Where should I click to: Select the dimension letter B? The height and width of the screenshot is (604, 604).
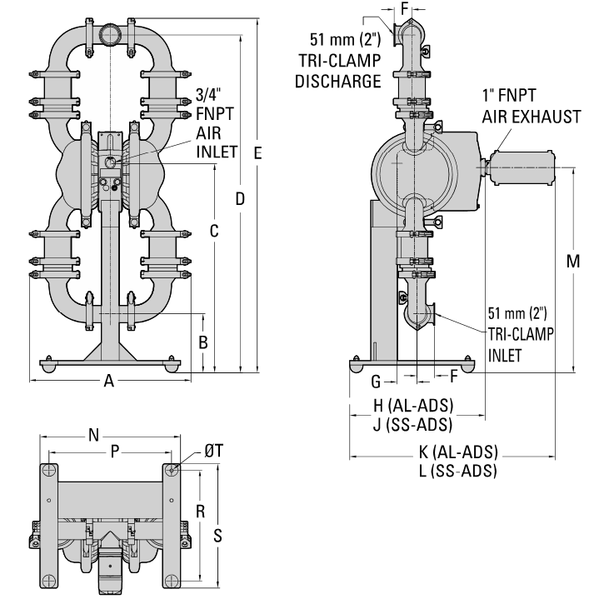pyautogui.click(x=202, y=342)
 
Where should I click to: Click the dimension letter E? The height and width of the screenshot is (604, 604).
pyautogui.click(x=258, y=153)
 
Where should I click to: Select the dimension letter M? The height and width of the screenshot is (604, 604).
pyautogui.click(x=573, y=260)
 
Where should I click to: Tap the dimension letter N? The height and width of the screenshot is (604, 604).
pyautogui.click(x=93, y=434)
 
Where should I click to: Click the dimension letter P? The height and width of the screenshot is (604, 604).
pyautogui.click(x=115, y=452)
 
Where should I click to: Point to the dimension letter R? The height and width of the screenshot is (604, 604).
pyautogui.click(x=200, y=509)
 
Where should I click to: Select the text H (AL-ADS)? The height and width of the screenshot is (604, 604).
pyautogui.click(x=412, y=406)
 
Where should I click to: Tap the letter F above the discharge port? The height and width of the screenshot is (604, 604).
pyautogui.click(x=406, y=8)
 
